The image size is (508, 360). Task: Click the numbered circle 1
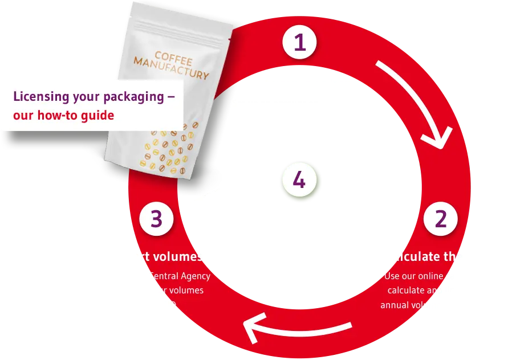click(299, 43)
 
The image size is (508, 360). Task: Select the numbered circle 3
click(156, 219)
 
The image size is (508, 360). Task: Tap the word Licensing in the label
click(40, 96)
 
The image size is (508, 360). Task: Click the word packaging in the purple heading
click(134, 97)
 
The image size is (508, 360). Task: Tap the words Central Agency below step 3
click(180, 276)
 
